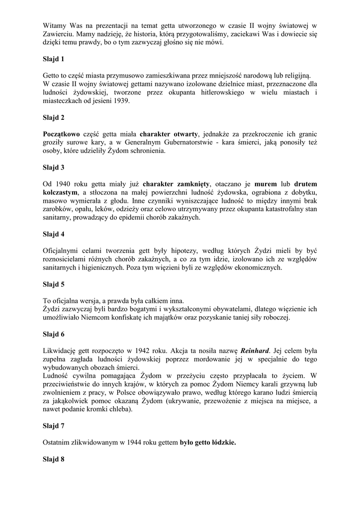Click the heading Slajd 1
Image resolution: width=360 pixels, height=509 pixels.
pyautogui.click(x=54, y=59)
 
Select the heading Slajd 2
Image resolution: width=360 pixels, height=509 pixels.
pyautogui.click(x=54, y=118)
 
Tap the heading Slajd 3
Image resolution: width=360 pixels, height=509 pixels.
pyautogui.click(x=54, y=167)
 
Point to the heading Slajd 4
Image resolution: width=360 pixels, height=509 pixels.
pyautogui.click(x=54, y=234)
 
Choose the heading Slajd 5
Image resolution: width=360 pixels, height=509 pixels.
pyautogui.click(x=54, y=284)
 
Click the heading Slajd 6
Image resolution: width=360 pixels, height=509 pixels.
pyautogui.click(x=54, y=334)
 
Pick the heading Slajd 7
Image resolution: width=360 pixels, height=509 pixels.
pyautogui.click(x=54, y=426)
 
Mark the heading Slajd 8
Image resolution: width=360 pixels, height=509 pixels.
pyautogui.click(x=54, y=459)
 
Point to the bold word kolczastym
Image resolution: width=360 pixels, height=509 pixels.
pyautogui.click(x=60, y=192)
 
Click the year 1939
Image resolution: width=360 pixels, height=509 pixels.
pyautogui.click(x=121, y=101)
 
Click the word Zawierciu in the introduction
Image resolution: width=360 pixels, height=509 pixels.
pyautogui.click(x=58, y=34)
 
